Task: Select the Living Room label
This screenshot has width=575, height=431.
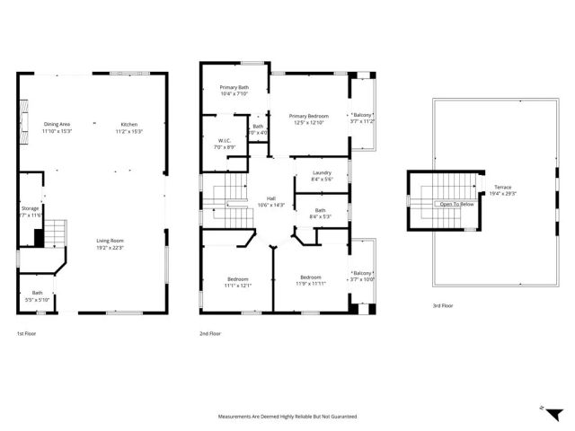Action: (x=110, y=241)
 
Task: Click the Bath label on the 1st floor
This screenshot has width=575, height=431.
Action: (x=38, y=292)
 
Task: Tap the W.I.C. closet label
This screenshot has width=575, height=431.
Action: (x=226, y=140)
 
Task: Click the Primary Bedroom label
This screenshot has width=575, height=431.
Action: (x=308, y=116)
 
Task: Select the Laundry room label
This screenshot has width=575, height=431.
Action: (x=323, y=173)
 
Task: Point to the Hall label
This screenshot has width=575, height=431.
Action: (x=270, y=198)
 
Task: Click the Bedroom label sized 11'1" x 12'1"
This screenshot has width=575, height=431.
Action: (x=238, y=278)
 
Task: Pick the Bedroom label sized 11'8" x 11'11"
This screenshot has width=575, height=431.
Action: (x=311, y=277)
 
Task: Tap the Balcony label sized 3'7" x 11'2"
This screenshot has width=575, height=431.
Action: (x=362, y=115)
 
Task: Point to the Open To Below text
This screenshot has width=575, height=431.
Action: (x=456, y=204)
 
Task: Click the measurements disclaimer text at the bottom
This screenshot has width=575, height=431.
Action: (x=287, y=417)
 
